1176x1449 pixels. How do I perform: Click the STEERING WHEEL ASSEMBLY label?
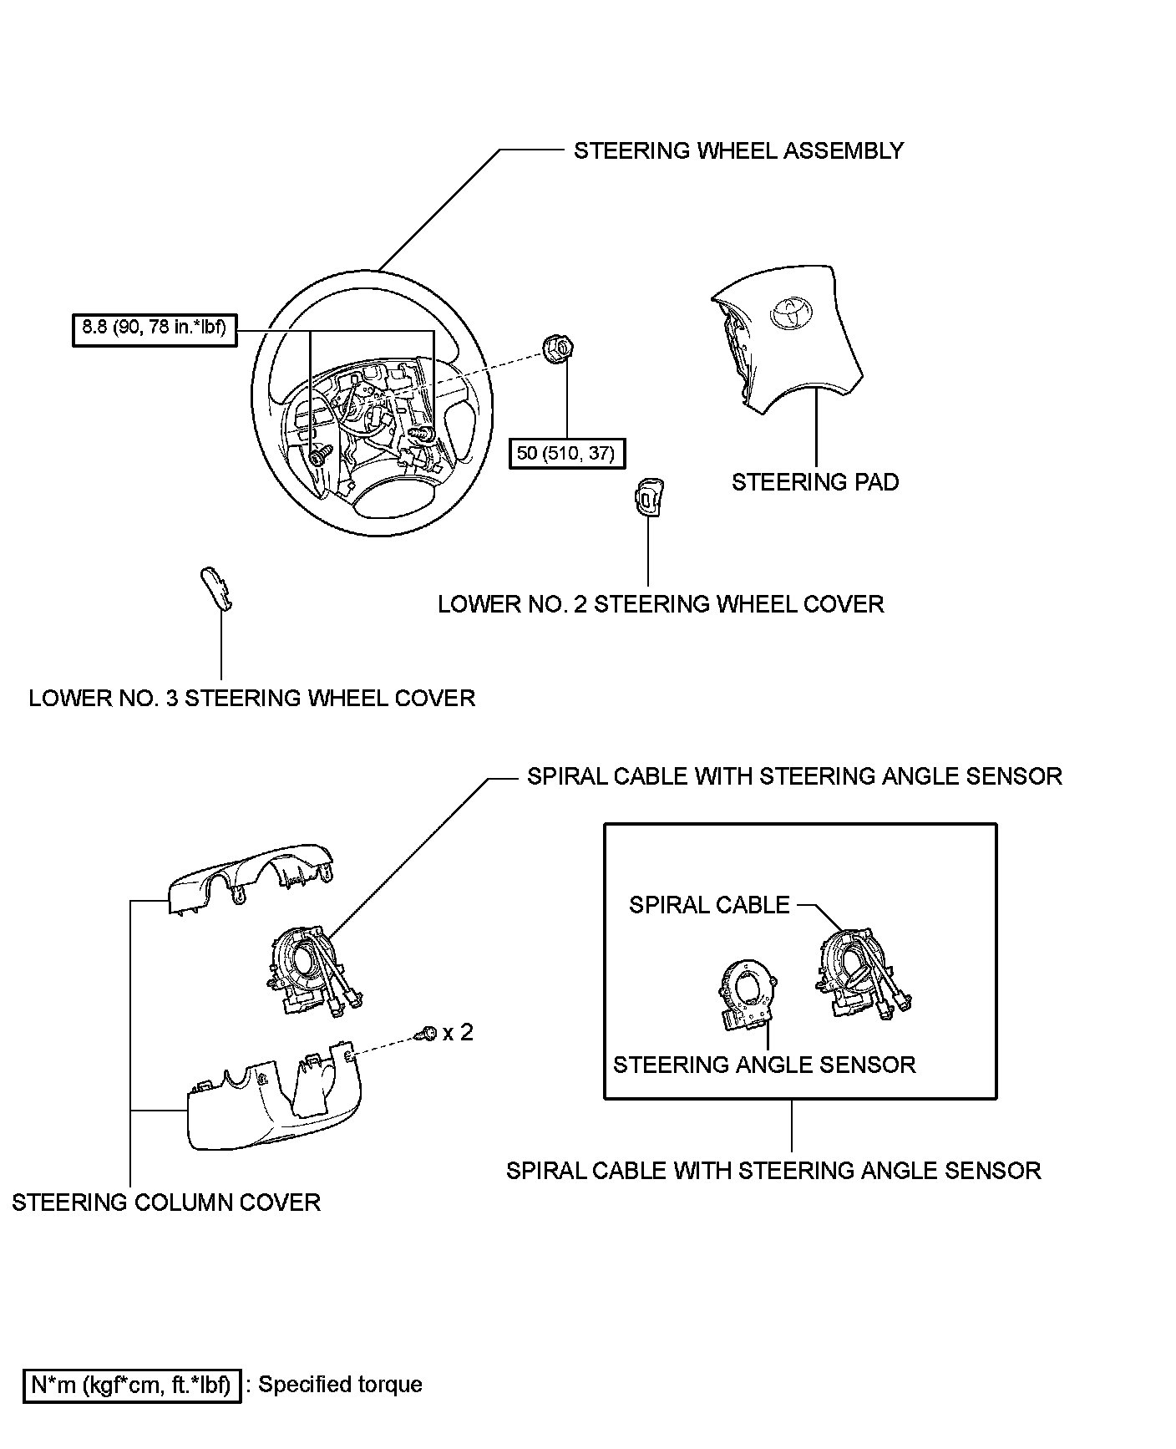click(738, 150)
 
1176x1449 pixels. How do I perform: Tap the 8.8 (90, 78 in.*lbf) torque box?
click(155, 328)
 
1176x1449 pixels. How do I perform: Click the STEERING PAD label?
click(814, 482)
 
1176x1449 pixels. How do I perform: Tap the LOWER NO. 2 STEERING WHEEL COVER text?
click(660, 603)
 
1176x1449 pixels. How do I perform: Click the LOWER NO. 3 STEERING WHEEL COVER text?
click(251, 698)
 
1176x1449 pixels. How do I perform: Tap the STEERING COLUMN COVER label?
click(166, 1202)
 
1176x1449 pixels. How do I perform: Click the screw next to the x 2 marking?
click(428, 1035)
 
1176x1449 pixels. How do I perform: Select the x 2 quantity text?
click(458, 1033)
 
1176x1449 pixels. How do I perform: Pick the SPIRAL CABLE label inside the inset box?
click(709, 905)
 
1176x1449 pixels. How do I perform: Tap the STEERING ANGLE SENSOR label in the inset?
click(764, 1065)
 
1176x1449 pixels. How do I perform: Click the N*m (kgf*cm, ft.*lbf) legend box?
click(132, 1385)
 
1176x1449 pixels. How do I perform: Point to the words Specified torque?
click(340, 1384)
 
